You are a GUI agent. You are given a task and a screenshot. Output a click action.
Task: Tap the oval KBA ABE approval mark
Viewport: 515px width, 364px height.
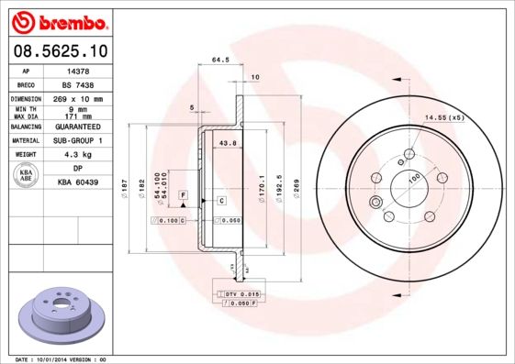coord(27,176)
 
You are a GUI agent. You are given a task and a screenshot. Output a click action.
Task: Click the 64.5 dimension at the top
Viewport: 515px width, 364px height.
coord(220,60)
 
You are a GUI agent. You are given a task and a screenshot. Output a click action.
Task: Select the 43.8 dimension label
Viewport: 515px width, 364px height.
coord(229,143)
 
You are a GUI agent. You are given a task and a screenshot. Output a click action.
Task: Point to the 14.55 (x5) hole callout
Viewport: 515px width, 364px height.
coord(444,117)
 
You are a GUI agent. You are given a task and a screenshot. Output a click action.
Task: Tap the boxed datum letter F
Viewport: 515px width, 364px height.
coord(184,196)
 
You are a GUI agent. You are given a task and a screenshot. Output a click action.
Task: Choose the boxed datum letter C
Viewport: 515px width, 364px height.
coord(221,200)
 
